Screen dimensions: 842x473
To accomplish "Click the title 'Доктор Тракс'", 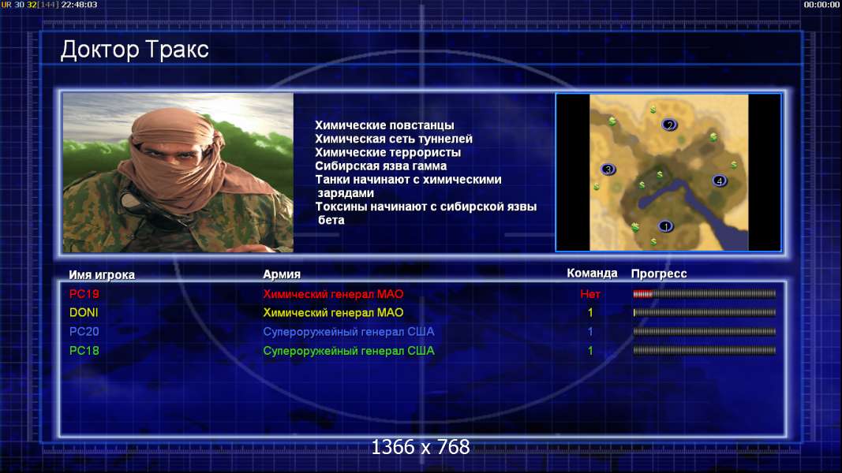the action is click(x=134, y=50).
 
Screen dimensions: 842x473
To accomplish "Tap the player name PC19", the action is click(x=84, y=294).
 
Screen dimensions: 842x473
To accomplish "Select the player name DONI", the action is click(x=84, y=313).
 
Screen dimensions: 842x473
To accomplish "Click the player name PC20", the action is click(x=84, y=331).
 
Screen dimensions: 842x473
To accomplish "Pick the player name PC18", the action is click(x=84, y=351).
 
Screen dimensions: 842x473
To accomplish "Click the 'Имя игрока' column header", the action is click(x=102, y=275).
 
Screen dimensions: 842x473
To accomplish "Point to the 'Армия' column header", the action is click(x=282, y=274).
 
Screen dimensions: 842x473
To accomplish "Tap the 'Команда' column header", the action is click(x=593, y=274).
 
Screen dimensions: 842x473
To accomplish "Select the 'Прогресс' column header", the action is click(x=659, y=274).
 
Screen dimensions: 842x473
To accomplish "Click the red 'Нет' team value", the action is click(x=590, y=294).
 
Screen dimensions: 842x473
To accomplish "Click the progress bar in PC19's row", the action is click(x=705, y=294).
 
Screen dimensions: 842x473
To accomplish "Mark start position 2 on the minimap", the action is click(x=669, y=125).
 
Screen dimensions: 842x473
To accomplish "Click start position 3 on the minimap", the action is click(x=608, y=169).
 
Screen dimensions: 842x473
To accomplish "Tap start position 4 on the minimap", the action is click(x=720, y=181).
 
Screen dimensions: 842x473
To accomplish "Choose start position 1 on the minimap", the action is click(x=666, y=226).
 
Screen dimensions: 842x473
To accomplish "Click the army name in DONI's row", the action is click(x=333, y=313).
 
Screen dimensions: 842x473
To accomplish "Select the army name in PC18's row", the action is click(x=349, y=352).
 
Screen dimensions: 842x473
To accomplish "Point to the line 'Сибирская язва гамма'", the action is click(x=380, y=166).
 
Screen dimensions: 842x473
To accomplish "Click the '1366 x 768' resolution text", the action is click(x=421, y=447).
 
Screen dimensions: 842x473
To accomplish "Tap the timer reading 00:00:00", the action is click(x=821, y=5).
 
